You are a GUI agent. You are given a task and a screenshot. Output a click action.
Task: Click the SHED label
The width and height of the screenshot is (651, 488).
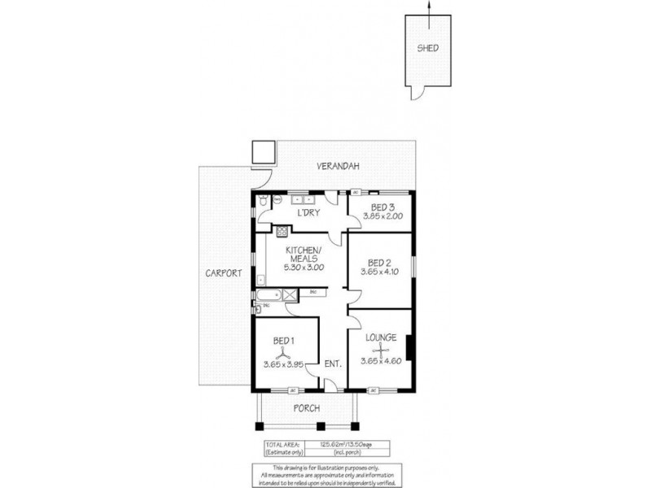pyautogui.click(x=428, y=48)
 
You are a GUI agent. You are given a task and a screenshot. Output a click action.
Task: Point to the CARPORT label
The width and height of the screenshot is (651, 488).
pyautogui.click(x=223, y=275)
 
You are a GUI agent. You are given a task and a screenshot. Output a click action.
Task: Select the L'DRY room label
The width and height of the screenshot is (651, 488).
pyautogui.click(x=308, y=213)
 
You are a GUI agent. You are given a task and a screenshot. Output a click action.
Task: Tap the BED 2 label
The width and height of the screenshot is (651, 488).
pyautogui.click(x=380, y=263)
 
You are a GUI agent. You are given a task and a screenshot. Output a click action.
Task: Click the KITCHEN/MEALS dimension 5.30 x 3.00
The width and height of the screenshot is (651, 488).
pyautogui.click(x=305, y=266)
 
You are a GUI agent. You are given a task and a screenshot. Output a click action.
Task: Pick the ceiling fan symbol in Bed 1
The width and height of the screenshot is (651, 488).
pyautogui.click(x=282, y=353)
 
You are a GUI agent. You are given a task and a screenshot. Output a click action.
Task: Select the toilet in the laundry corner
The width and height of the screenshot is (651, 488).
pyautogui.click(x=262, y=201)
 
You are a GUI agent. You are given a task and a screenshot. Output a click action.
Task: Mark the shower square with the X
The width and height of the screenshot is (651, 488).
pyautogui.click(x=289, y=294)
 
